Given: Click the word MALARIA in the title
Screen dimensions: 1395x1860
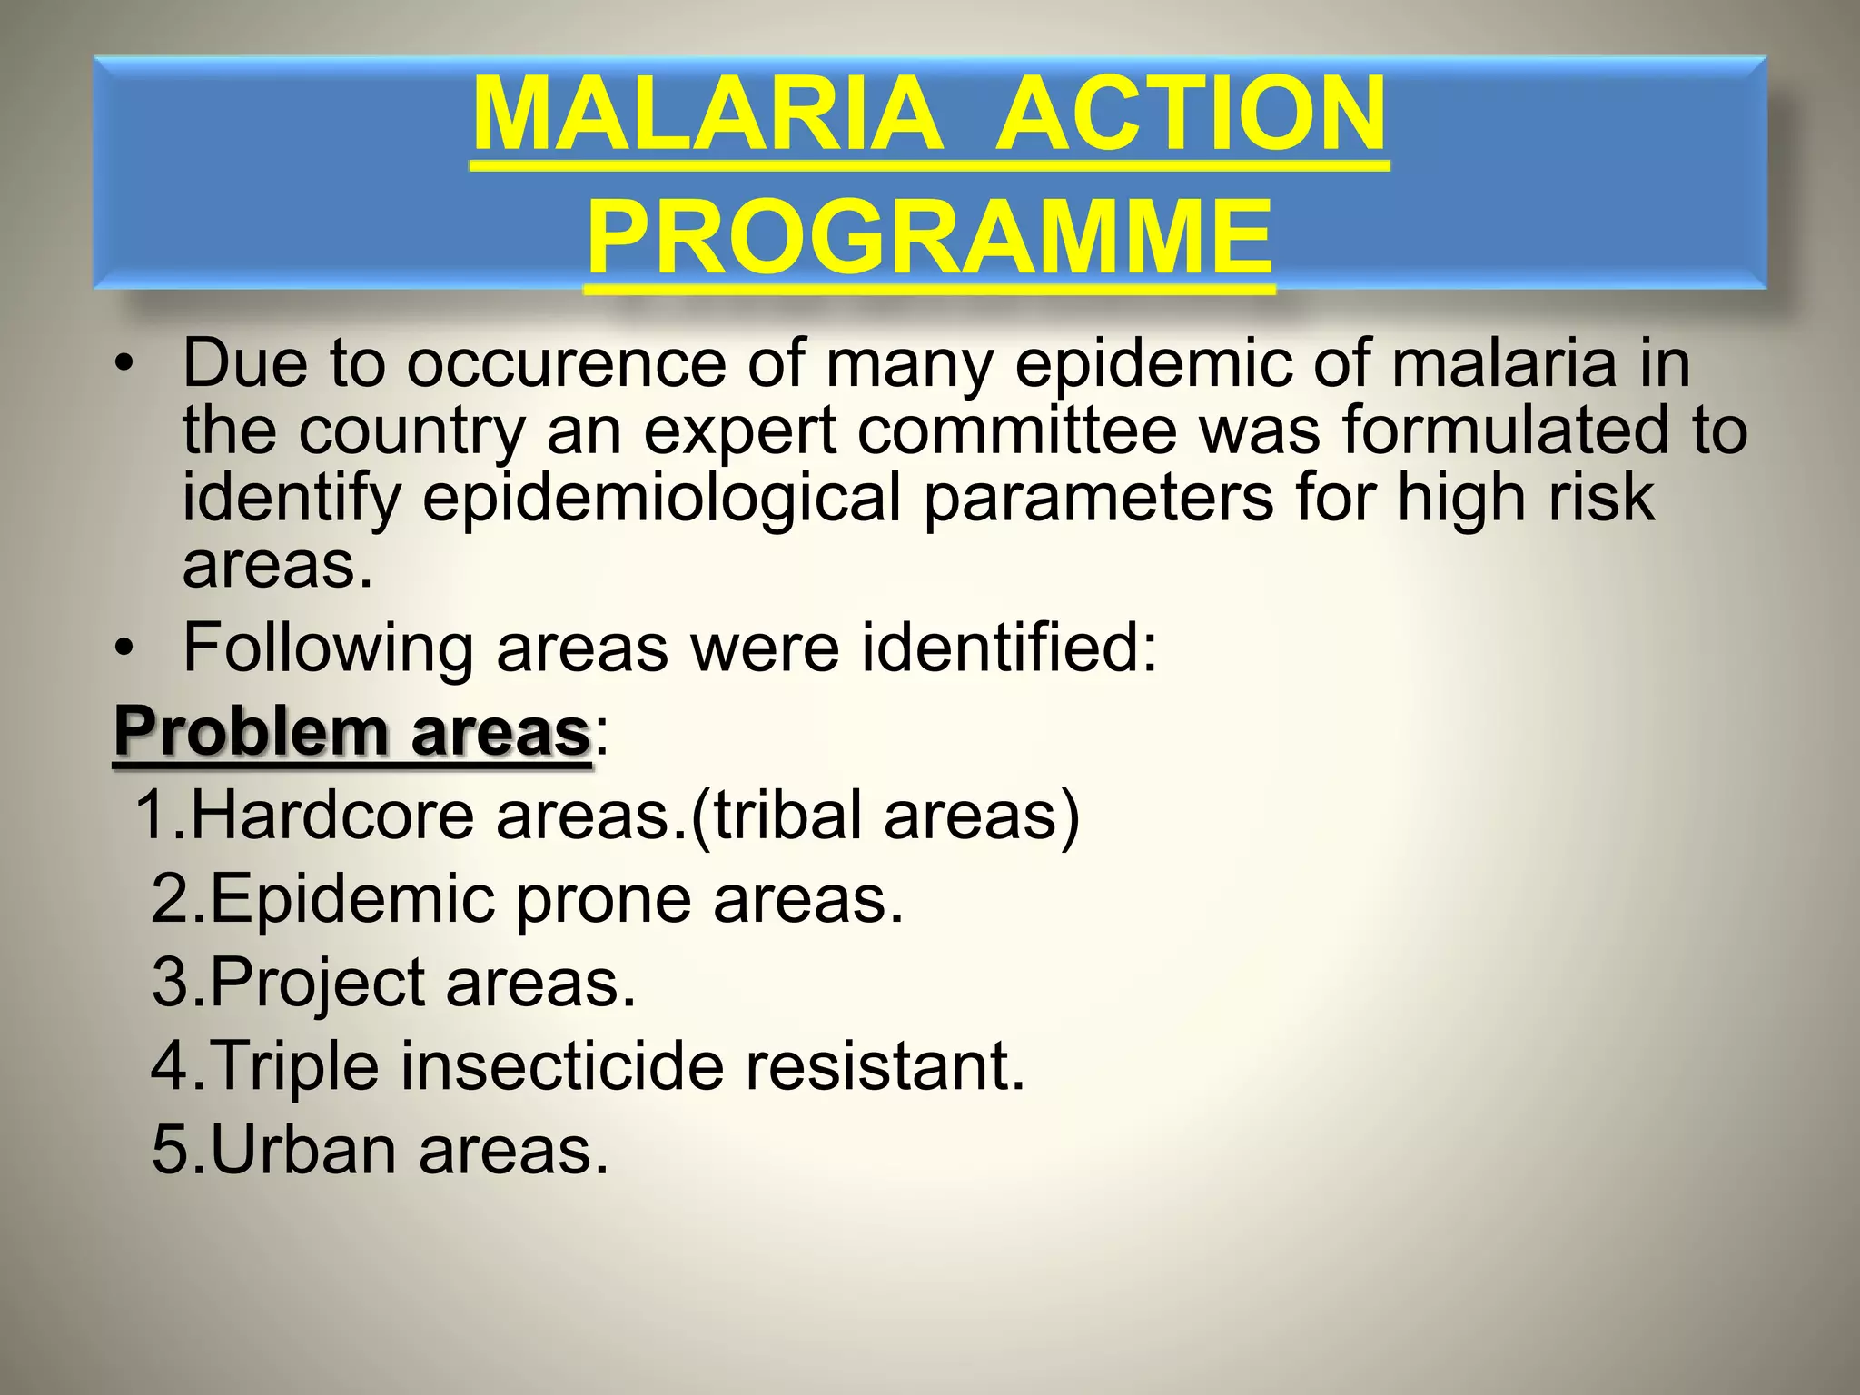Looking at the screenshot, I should tap(707, 115).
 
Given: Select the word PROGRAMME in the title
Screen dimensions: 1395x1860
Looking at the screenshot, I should tap(928, 238).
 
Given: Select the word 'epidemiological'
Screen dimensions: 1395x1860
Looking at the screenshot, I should tap(661, 500).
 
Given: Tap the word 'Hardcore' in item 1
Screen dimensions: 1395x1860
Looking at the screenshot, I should tap(332, 815).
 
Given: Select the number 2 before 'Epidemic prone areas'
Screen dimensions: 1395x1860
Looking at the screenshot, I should tap(169, 899).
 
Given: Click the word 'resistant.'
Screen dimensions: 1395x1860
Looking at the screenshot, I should tap(885, 1066).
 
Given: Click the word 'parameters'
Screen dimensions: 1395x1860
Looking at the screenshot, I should tap(1098, 500).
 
